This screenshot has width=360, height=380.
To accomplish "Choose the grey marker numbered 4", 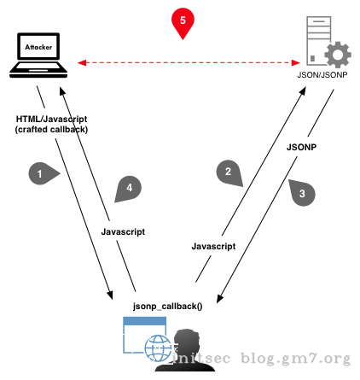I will click(x=126, y=189).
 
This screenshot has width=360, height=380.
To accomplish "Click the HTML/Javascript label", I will click(x=51, y=118).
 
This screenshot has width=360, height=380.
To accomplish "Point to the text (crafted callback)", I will click(x=51, y=129).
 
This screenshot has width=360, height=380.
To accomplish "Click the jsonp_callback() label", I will click(x=167, y=305).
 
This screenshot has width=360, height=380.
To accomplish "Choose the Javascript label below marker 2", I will click(x=213, y=245).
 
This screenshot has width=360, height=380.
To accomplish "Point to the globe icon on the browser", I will click(x=159, y=348).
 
